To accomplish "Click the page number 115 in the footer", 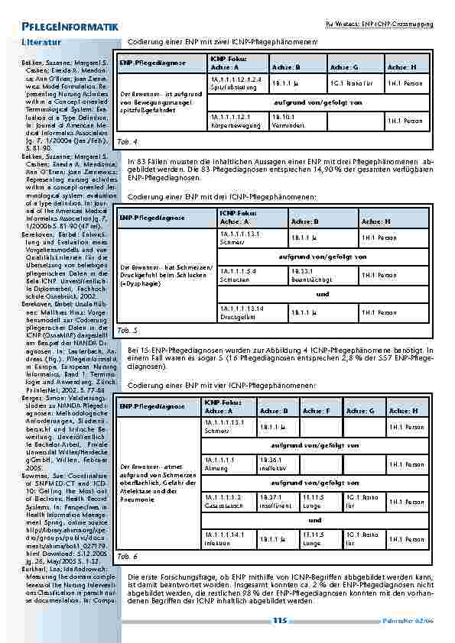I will tap(279, 621).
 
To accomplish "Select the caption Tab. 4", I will tap(128, 142).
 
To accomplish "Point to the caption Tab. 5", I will tap(128, 331).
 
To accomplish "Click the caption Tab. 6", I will tap(128, 557).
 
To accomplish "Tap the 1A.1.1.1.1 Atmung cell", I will tap(228, 464).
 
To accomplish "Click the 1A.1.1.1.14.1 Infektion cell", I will tap(228, 538).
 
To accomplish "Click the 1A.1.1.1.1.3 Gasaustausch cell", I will tap(228, 501).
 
